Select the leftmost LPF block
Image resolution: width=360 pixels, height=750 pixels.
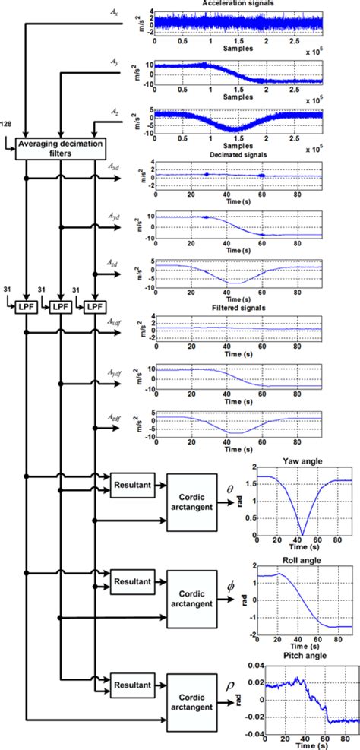(x=28, y=306)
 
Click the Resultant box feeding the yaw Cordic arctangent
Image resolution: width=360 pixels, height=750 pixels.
(x=133, y=483)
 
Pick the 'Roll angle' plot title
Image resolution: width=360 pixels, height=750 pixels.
(x=307, y=561)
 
